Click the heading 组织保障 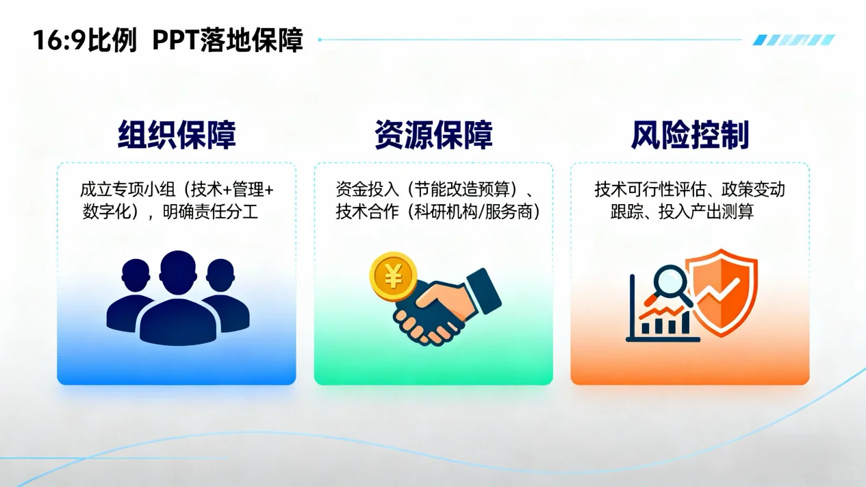[177, 135]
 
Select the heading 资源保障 [433, 135]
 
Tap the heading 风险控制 [690, 135]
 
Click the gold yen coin [393, 276]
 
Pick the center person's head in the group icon [178, 271]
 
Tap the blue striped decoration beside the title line [793, 40]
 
